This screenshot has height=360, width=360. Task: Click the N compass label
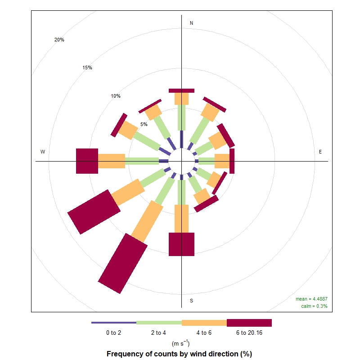pyautogui.click(x=191, y=23)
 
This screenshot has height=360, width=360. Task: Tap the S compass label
pyautogui.click(x=191, y=301)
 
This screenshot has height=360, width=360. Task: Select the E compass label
pyautogui.click(x=320, y=152)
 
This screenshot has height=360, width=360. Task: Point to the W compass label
pyautogui.click(x=43, y=152)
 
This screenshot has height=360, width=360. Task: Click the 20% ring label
pyautogui.click(x=59, y=40)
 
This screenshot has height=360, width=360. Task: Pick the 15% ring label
pyautogui.click(x=87, y=68)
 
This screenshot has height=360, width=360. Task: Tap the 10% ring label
pyautogui.click(x=116, y=96)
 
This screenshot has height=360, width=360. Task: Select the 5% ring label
pyautogui.click(x=144, y=124)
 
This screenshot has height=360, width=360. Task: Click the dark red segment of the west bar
pyautogui.click(x=87, y=161)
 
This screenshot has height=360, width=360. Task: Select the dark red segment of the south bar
pyautogui.click(x=181, y=244)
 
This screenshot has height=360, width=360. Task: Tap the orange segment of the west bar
pyautogui.click(x=111, y=161)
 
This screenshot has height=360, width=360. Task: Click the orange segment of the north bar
pyautogui.click(x=181, y=99)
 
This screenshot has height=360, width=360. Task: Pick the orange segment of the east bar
pyautogui.click(x=222, y=161)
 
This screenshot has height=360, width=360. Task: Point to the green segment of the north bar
pyautogui.click(x=181, y=117)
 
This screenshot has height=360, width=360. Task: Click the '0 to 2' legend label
pyautogui.click(x=114, y=333)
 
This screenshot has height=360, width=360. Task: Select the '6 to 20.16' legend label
pyautogui.click(x=249, y=333)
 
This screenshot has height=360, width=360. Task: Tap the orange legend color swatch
pyautogui.click(x=204, y=323)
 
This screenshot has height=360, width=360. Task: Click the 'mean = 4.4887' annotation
pyautogui.click(x=311, y=299)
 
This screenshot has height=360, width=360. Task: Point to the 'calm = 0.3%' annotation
pyautogui.click(x=314, y=306)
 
